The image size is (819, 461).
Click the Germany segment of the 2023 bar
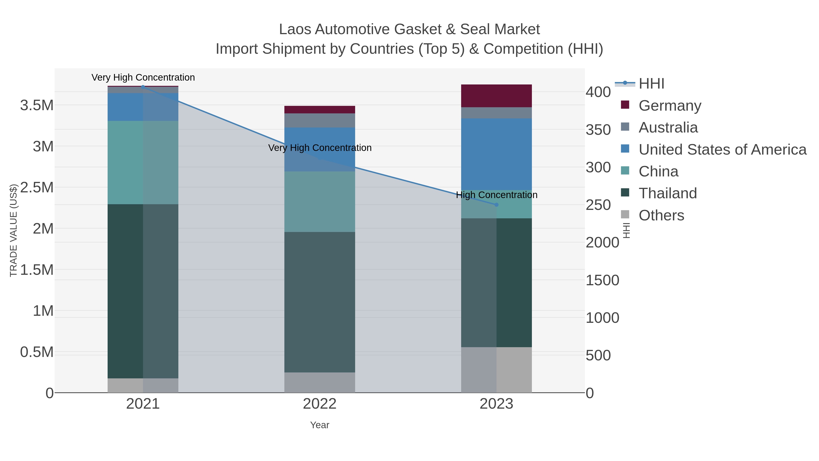[496, 96]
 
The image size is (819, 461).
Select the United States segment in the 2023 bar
[496, 154]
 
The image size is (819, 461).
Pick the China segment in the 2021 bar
[143, 162]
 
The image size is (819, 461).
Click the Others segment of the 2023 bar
[496, 370]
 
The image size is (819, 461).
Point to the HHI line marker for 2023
[496, 205]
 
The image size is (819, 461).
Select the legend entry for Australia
[668, 127]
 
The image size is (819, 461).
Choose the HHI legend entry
[651, 84]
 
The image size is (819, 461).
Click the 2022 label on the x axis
[320, 404]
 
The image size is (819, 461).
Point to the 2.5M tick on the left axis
[37, 187]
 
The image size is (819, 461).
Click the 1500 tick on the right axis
[602, 280]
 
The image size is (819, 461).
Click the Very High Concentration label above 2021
[143, 77]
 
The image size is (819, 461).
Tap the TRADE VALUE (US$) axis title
[13, 230]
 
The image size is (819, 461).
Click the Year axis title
[320, 425]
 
